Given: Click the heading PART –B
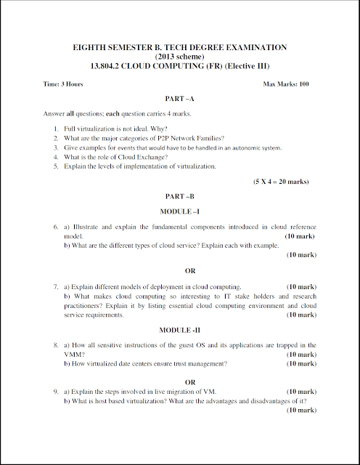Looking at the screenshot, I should coord(180,196).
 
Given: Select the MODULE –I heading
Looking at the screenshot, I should coord(180,211).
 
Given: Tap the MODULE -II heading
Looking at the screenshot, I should coord(180,330).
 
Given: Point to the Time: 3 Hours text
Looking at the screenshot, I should coord(63,84).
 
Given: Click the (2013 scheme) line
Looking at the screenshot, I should coord(180,57).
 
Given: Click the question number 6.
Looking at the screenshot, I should coord(55,227).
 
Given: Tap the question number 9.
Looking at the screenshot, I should coord(55,392).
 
